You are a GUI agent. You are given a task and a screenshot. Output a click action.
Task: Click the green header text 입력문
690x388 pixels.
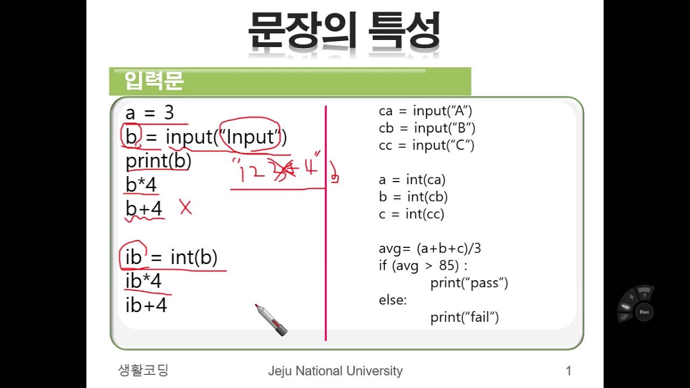(154, 81)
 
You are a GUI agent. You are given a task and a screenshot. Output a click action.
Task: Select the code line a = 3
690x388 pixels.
(150, 113)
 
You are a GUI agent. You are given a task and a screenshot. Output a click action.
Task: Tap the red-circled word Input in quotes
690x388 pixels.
(250, 136)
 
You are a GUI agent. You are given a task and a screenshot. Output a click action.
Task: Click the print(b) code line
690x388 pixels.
(158, 161)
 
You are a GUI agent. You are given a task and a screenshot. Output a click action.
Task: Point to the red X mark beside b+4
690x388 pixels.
(186, 207)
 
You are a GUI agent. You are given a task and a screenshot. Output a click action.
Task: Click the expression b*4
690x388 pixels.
(141, 184)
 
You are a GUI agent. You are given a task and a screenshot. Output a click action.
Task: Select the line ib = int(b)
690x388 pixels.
(171, 257)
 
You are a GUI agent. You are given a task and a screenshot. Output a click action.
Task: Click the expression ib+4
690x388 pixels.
(146, 305)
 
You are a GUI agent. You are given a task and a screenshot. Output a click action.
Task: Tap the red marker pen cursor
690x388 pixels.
(271, 320)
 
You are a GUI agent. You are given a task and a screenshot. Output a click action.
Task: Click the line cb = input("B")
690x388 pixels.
(427, 128)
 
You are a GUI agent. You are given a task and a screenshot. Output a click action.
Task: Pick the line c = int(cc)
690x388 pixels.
(411, 214)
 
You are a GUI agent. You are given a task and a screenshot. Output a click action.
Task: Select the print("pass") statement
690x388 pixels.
(469, 283)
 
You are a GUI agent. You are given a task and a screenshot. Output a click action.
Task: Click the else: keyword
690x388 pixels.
(393, 300)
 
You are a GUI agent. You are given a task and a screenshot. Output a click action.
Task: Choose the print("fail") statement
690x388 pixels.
(465, 317)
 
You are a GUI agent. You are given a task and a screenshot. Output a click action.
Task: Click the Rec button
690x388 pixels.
(644, 312)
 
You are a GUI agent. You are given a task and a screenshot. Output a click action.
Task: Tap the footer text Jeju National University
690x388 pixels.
(335, 371)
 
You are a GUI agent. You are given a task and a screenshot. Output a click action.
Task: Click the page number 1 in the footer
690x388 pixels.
(569, 371)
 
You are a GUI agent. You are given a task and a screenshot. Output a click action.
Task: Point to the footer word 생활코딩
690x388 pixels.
(143, 370)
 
